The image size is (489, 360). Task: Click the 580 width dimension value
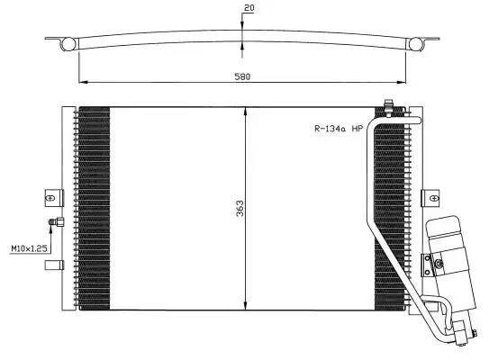click(x=242, y=76)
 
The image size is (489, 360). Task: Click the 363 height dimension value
click(x=240, y=208)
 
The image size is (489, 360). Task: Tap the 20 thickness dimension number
click(x=249, y=8)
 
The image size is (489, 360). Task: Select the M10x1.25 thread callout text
click(x=29, y=248)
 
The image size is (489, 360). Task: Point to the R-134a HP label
click(x=339, y=129)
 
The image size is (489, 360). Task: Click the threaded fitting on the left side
click(x=56, y=222)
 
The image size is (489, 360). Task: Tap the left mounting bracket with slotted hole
click(x=54, y=198)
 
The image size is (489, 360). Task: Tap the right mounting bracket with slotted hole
click(x=430, y=198)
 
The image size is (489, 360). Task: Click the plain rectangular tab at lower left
click(x=54, y=265)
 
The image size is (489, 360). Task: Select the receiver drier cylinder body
click(x=450, y=262)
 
